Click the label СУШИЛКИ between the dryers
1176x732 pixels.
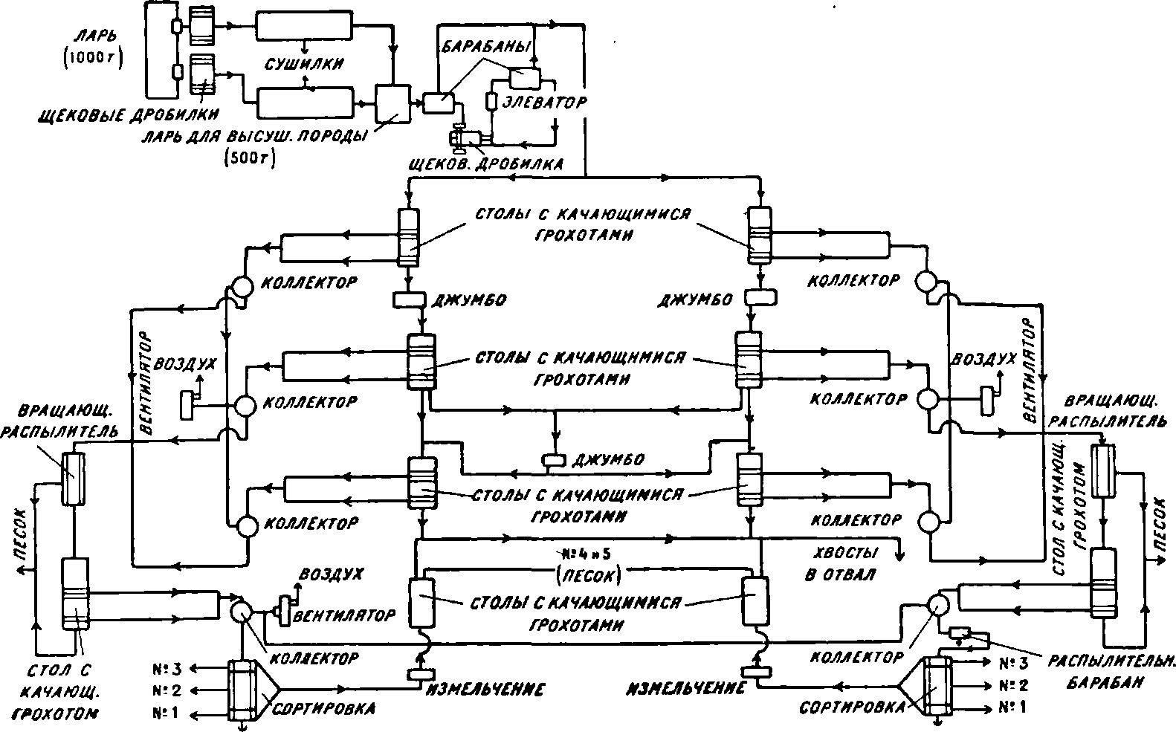click(x=304, y=64)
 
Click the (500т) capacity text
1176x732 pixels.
click(x=249, y=158)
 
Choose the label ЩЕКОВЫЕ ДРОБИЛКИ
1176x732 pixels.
click(x=131, y=115)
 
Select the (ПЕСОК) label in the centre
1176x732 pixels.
click(x=587, y=574)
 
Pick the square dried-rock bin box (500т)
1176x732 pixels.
click(x=392, y=104)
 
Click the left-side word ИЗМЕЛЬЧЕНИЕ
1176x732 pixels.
click(x=484, y=689)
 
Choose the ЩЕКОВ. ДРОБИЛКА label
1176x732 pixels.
click(x=491, y=163)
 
